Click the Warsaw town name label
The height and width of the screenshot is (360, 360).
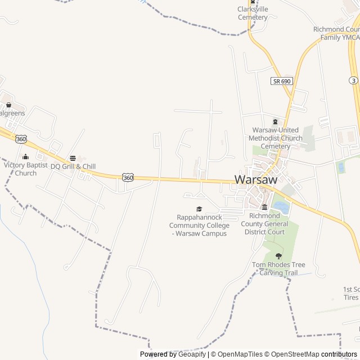[256, 179]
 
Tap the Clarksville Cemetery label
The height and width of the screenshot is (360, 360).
[253, 13]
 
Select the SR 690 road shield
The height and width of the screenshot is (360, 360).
[281, 81]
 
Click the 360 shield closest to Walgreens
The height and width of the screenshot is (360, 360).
[21, 138]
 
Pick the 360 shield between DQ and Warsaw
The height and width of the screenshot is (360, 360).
[128, 177]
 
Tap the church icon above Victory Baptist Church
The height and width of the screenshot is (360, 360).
[25, 157]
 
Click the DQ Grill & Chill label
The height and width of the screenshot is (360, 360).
[73, 166]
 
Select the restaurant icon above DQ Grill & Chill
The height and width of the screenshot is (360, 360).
[73, 158]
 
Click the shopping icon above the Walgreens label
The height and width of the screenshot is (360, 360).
[8, 105]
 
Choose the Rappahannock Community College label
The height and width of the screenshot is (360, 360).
[199, 225]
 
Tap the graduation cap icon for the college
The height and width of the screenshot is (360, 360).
[199, 209]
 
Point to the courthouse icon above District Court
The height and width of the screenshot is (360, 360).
[264, 207]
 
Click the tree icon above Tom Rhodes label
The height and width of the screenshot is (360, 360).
[278, 256]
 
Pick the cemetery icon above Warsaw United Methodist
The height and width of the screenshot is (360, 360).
[275, 122]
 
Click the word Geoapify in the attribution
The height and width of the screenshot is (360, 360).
[192, 354]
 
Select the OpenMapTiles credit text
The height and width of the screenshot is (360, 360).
[240, 354]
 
